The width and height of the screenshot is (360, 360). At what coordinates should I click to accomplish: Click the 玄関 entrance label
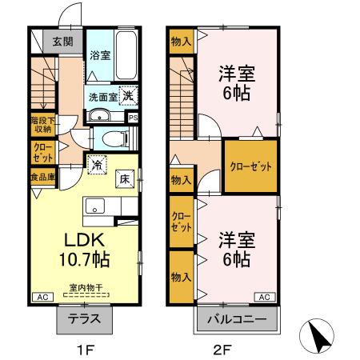tap(63, 42)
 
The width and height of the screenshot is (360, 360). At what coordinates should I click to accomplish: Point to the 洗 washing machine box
tap(127, 93)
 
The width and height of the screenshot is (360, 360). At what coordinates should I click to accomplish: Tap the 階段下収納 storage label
tap(42, 123)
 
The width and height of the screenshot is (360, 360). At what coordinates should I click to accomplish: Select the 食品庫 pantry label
tap(42, 177)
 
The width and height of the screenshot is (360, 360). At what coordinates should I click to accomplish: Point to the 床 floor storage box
tap(125, 180)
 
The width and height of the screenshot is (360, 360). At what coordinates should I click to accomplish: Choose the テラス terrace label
tap(84, 318)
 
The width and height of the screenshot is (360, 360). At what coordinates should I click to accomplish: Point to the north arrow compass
tap(318, 337)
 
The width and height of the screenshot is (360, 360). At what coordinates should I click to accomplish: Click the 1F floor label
tap(85, 349)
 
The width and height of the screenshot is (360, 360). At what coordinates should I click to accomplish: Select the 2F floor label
tap(222, 349)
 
